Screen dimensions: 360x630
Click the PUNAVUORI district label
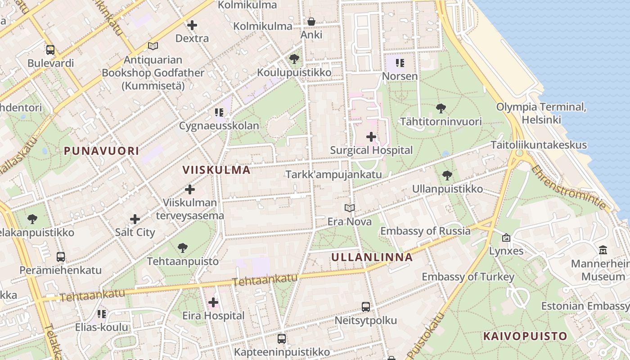click(101, 151)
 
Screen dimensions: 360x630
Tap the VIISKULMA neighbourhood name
click(216, 170)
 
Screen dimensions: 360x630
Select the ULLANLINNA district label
click(372, 257)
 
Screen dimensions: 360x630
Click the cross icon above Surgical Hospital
click(371, 136)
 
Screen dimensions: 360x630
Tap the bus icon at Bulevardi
click(50, 50)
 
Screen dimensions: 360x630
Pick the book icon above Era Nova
click(350, 208)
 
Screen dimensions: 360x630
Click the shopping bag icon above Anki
click(311, 22)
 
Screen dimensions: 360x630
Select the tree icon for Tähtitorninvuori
click(441, 108)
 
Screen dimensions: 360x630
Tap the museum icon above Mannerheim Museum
click(603, 250)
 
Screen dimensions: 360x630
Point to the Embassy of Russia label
click(425, 231)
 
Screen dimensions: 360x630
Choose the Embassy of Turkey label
click(468, 277)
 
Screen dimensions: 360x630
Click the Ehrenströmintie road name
click(569, 188)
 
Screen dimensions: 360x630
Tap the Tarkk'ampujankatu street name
click(333, 174)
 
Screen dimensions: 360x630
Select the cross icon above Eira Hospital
click(213, 302)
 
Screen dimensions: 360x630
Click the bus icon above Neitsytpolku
click(366, 307)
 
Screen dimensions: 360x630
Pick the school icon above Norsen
click(400, 63)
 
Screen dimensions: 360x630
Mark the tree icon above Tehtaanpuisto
click(183, 247)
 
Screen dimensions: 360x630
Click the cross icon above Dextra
click(192, 25)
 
